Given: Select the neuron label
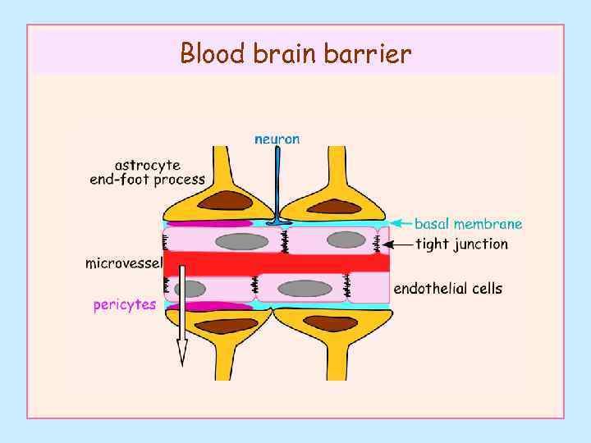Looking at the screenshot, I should click(277, 139).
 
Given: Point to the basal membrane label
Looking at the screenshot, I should click(468, 223).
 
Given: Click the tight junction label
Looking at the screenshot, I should click(461, 244).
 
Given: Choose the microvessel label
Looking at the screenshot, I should click(124, 263).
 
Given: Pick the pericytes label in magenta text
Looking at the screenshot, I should click(124, 304).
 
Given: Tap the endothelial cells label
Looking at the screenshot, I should click(448, 288).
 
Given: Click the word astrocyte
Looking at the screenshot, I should click(147, 165).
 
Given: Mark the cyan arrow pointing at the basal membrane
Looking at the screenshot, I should click(400, 222).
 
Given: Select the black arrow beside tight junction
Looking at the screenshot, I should click(399, 244).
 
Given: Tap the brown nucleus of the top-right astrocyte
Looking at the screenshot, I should click(334, 207).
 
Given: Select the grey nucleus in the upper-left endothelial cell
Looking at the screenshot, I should click(241, 241).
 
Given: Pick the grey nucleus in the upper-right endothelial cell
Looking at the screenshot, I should click(346, 240).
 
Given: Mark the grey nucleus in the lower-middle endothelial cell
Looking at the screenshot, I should click(305, 289).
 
